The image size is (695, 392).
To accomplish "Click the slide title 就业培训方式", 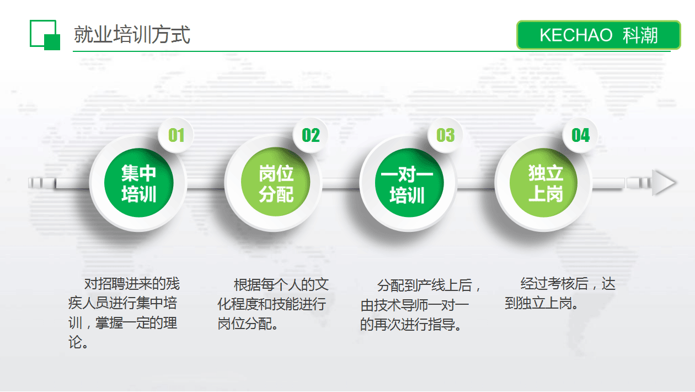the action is click(132, 34).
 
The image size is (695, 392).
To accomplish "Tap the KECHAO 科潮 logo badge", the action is click(598, 35).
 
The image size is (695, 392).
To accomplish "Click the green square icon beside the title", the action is click(45, 35).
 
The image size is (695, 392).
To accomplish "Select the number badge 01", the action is click(176, 135).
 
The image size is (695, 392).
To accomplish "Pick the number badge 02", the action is click(311, 135).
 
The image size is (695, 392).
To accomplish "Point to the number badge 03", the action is click(445, 135).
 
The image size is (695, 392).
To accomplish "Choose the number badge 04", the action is click(580, 135).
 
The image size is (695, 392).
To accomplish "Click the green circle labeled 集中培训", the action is click(138, 183).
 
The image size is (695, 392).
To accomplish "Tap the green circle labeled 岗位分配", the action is click(276, 182).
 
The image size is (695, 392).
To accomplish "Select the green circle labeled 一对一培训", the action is click(409, 183).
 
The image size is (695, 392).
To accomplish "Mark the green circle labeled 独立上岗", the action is click(544, 183).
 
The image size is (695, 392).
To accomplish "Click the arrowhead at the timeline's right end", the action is click(664, 183).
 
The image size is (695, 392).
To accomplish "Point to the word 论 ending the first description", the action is click(75, 342).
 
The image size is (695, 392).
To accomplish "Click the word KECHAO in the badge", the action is click(576, 35).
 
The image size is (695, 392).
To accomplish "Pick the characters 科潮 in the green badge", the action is click(640, 35).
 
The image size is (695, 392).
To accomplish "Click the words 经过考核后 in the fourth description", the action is click(554, 284).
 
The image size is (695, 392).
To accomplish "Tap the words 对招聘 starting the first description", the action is click(105, 284).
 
